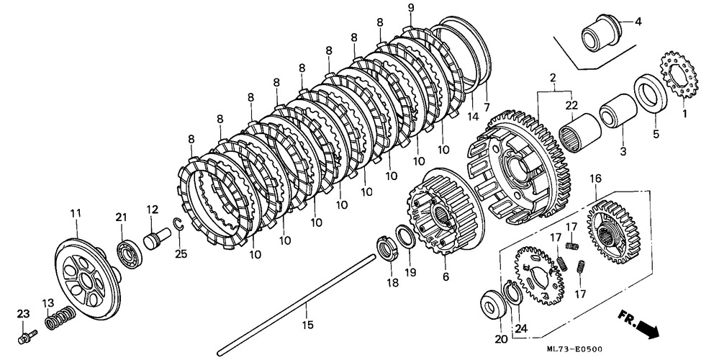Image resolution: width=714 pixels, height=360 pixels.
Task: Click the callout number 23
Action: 23,313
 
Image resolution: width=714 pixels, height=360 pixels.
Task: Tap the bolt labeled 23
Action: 29,334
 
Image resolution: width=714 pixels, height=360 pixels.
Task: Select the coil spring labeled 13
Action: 58,318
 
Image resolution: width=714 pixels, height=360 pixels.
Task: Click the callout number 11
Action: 76,212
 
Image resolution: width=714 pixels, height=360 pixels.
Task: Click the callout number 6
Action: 446,276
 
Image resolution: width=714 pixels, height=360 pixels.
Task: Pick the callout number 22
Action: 571,107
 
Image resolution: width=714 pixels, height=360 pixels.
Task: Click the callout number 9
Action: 410,8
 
